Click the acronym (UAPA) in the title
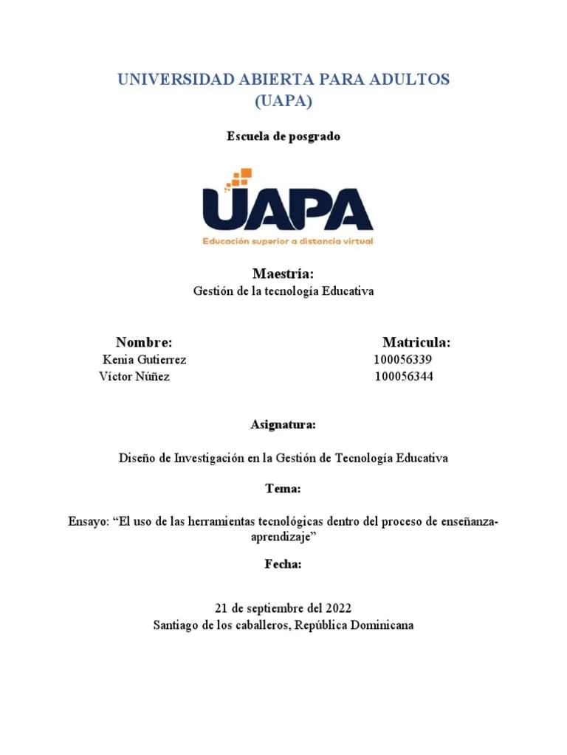point(283,102)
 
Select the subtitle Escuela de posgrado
point(283,136)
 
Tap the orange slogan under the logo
point(289,241)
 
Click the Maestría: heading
point(283,274)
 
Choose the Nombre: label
point(144,342)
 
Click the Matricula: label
point(416,342)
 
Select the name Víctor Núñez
point(134,377)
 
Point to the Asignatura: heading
point(283,425)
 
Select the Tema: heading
point(283,489)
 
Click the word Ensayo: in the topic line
point(87,522)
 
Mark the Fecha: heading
point(283,564)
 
